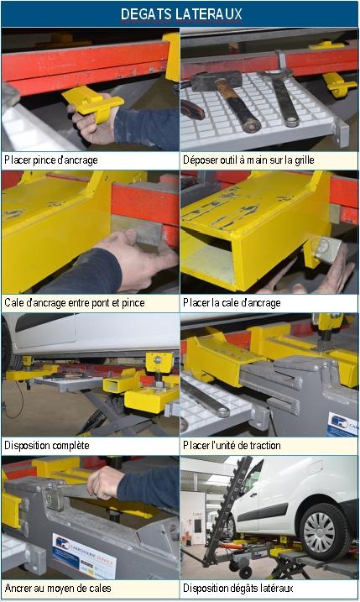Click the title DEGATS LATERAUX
point(181,14)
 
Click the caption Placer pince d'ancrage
point(51,160)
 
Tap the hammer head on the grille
point(217,81)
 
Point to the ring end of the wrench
point(293,121)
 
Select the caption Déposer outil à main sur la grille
point(248,160)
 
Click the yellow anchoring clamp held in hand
point(93,102)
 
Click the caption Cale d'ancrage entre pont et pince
point(75,302)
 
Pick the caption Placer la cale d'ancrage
point(232,302)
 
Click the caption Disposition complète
point(47,445)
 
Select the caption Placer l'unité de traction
point(232,445)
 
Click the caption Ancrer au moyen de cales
point(58,588)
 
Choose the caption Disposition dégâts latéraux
point(238,588)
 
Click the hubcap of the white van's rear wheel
point(319,532)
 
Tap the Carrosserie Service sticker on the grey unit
point(84,555)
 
